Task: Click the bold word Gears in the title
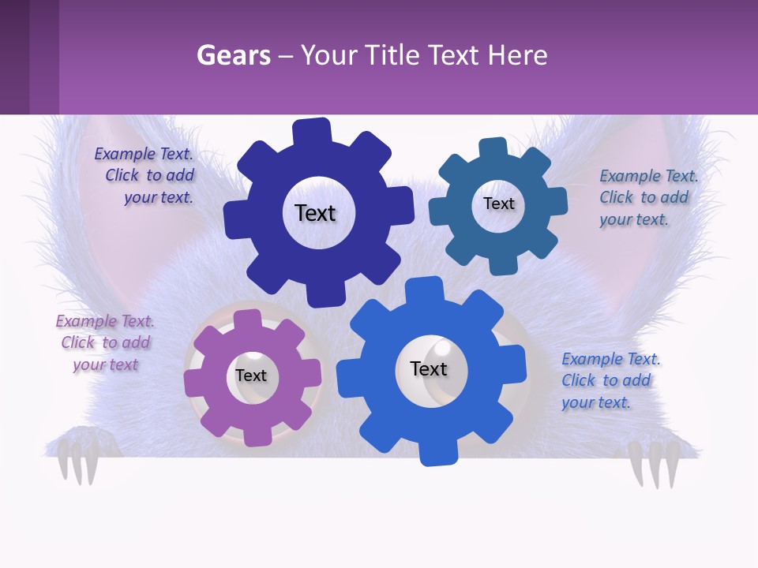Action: [x=233, y=55]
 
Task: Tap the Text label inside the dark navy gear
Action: [x=315, y=213]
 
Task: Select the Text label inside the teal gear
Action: [x=498, y=204]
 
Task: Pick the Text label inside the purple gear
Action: [x=251, y=376]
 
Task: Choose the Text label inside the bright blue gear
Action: [x=429, y=368]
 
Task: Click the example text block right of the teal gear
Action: [x=647, y=197]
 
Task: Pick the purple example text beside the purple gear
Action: [x=105, y=342]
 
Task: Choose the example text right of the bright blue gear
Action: [x=610, y=380]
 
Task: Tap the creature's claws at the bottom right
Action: [x=655, y=462]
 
